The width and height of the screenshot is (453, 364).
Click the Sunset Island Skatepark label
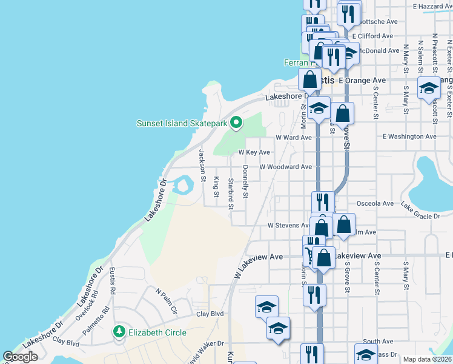[182, 124]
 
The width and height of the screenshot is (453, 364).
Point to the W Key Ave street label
[254, 152]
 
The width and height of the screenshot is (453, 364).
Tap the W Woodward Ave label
[285, 167]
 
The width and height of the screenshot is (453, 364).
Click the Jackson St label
[202, 161]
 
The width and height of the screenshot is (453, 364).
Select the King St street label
[216, 186]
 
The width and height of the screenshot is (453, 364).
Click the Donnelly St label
[245, 182]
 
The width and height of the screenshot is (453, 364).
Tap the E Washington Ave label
[409, 137]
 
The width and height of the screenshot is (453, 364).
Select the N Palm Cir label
[165, 302]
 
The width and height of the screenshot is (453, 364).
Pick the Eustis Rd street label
[113, 282]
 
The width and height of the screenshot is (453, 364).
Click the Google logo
[21, 357]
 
